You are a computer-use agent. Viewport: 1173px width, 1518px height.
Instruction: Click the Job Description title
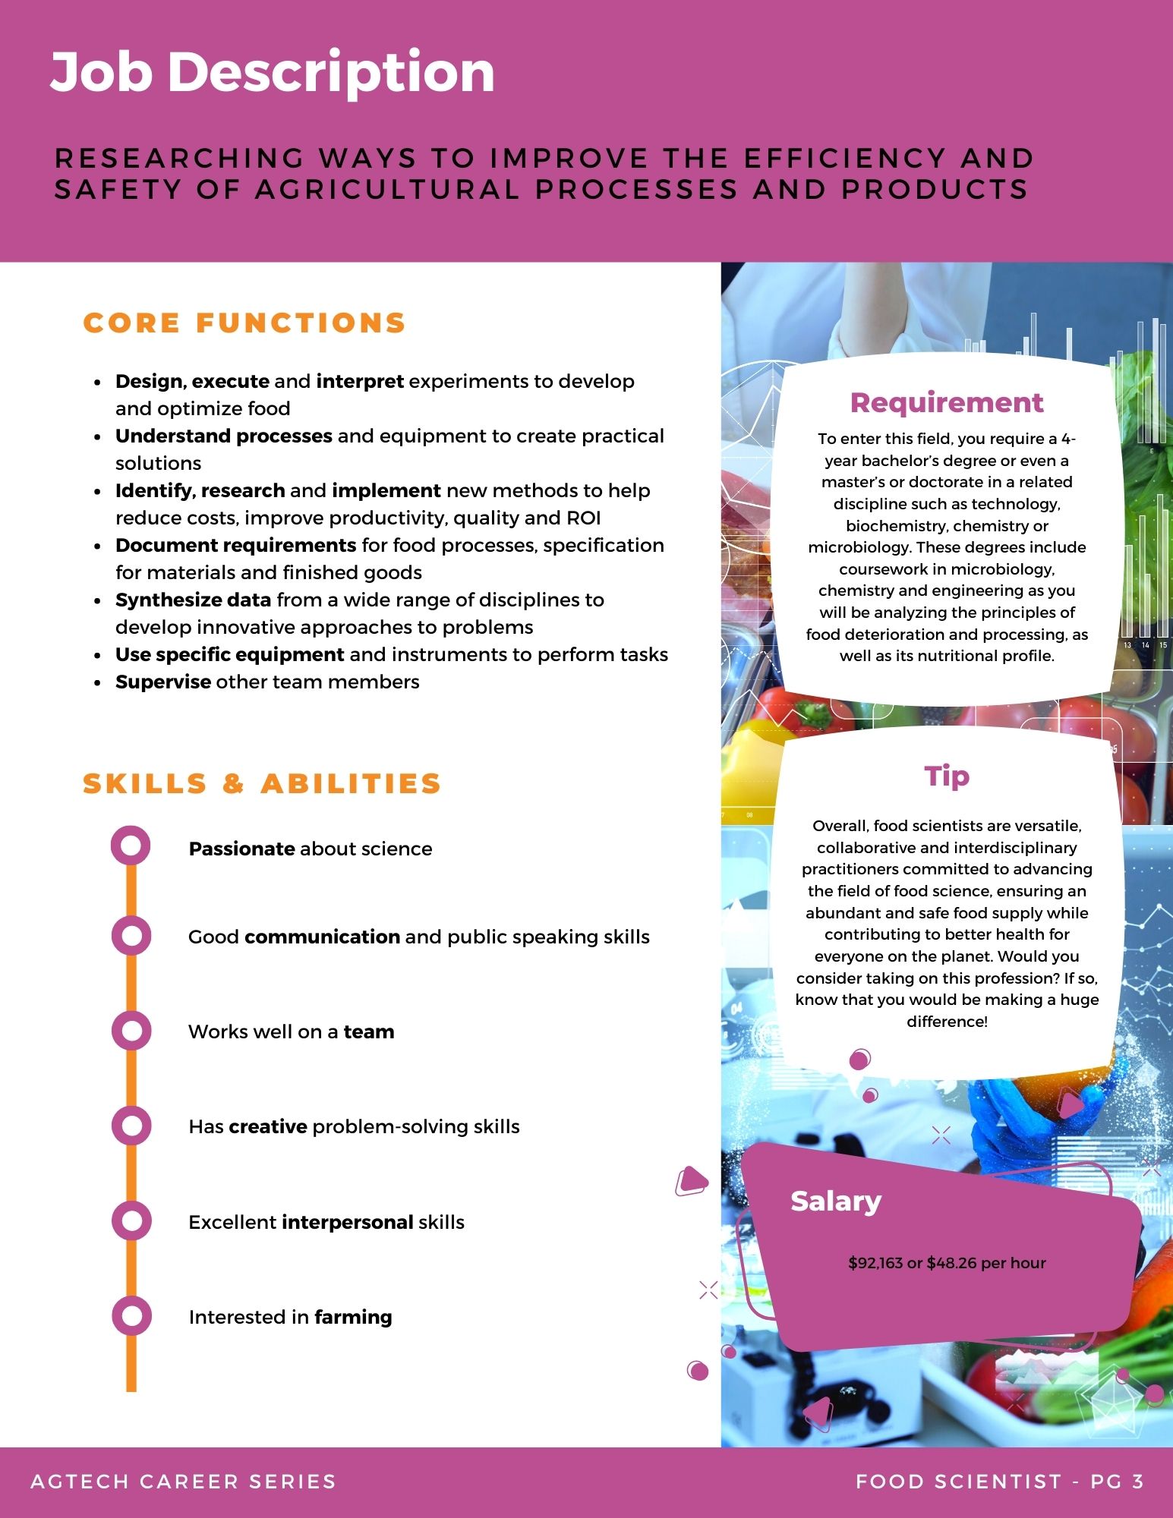pyautogui.click(x=272, y=72)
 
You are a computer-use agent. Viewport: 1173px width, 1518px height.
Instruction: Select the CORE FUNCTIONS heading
pyautogui.click(x=244, y=323)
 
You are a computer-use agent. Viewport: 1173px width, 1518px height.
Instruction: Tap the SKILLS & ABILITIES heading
pyautogui.click(x=262, y=783)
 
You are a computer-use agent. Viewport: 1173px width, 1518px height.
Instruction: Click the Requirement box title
pyautogui.click(x=947, y=402)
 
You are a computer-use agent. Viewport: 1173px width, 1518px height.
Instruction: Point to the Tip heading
pyautogui.click(x=947, y=776)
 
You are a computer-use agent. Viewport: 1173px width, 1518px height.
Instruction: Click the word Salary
pyautogui.click(x=836, y=1201)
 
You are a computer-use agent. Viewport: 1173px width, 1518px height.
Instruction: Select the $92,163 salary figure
pyautogui.click(x=875, y=1263)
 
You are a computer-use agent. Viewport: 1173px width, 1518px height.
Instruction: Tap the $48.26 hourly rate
pyautogui.click(x=951, y=1263)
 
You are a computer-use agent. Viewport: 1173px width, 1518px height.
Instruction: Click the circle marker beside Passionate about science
pyautogui.click(x=131, y=846)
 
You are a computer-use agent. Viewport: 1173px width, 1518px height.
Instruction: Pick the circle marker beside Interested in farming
pyautogui.click(x=131, y=1316)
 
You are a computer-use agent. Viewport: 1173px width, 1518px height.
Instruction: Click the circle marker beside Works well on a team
pyautogui.click(x=131, y=1031)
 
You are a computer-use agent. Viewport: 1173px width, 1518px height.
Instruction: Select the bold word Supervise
pyautogui.click(x=163, y=682)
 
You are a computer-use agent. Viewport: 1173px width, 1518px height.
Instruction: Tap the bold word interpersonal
pyautogui.click(x=347, y=1222)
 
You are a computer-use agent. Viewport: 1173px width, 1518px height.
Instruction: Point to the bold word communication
pyautogui.click(x=322, y=937)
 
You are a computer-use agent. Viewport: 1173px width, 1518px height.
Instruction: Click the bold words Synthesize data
pyautogui.click(x=193, y=600)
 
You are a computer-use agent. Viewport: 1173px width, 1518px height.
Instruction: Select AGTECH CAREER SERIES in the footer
pyautogui.click(x=183, y=1481)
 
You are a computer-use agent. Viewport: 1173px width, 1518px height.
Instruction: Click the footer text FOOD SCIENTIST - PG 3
pyautogui.click(x=999, y=1481)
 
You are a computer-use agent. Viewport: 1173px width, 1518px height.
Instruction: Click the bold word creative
pyautogui.click(x=267, y=1126)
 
